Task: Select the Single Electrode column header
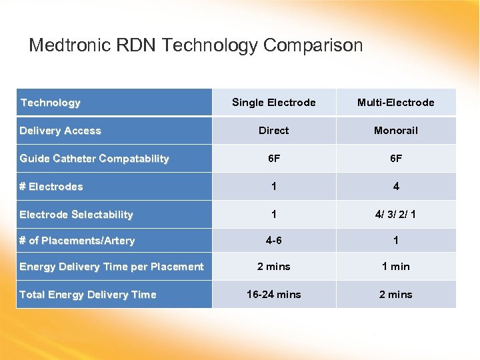click(x=273, y=102)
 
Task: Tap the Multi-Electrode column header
click(x=395, y=102)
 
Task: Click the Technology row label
click(x=50, y=103)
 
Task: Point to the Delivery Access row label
click(x=60, y=131)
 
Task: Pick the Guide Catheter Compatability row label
click(x=94, y=159)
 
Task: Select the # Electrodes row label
click(x=51, y=187)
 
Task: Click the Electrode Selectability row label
click(x=76, y=215)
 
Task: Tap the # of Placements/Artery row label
click(x=77, y=241)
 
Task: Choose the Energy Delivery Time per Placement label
click(x=111, y=267)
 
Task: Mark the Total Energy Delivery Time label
click(x=87, y=295)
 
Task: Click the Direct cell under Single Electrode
click(x=273, y=131)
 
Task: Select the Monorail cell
click(x=395, y=131)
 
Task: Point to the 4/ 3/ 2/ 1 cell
click(x=395, y=215)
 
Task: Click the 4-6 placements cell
click(x=273, y=241)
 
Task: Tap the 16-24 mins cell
click(x=273, y=295)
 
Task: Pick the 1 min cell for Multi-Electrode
click(x=395, y=267)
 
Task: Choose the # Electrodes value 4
click(x=395, y=187)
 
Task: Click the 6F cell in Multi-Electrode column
click(x=395, y=159)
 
